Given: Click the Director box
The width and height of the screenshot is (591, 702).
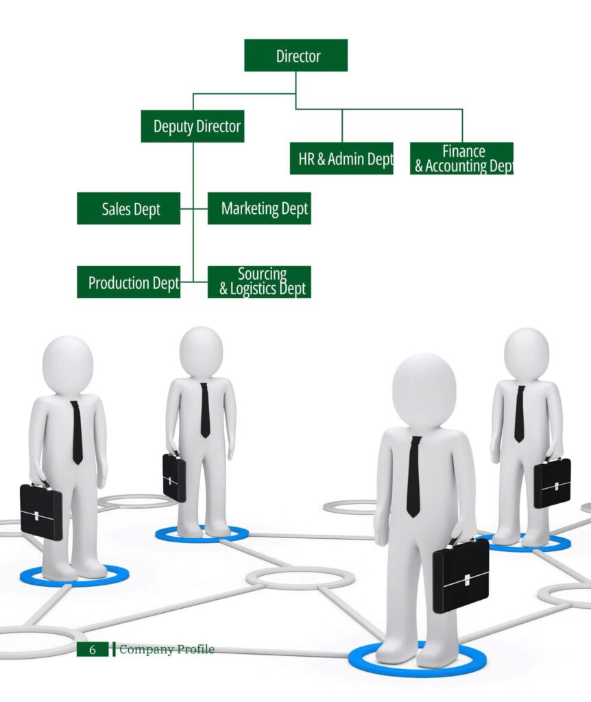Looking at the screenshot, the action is coord(295,55).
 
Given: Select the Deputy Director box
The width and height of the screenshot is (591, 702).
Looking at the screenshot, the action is coord(193,126).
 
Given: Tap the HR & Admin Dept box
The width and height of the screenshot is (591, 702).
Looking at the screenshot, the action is coord(341,158).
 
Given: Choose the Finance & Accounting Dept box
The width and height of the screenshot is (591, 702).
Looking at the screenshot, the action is coord(461,158).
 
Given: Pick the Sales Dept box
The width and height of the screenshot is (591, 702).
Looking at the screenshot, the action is coord(128,208).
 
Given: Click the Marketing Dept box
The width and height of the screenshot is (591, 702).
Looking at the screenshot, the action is coord(259,208).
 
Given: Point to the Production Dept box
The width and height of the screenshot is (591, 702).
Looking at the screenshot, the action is coord(128,282).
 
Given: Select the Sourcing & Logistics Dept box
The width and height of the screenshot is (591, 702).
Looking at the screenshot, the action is coord(259,282).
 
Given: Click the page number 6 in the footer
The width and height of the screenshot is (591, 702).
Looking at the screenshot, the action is coord(93,649).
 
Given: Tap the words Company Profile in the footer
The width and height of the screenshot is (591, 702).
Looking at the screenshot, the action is coord(167,649).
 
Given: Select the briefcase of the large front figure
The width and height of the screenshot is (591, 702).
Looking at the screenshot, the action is coord(461,575).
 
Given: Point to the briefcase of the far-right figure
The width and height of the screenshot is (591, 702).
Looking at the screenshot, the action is coord(552,483).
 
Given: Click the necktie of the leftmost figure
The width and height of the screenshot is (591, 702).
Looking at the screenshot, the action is coord(77,433).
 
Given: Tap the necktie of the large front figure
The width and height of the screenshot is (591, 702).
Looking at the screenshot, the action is coord(413,476).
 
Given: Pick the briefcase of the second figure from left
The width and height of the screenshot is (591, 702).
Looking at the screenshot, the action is coord(174,477).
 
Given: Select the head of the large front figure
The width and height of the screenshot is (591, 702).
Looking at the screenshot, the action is coord(424,389).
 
